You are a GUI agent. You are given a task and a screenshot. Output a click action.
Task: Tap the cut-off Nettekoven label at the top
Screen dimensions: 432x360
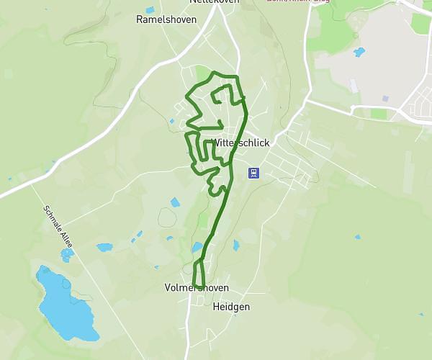pyautogui.click(x=213, y=2)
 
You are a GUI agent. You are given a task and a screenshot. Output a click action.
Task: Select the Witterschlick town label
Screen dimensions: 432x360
pyautogui.click(x=240, y=143)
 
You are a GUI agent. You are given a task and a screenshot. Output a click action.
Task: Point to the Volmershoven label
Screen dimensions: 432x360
pyautogui.click(x=197, y=288)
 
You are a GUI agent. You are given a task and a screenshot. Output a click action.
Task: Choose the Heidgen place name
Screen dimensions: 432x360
pyautogui.click(x=231, y=307)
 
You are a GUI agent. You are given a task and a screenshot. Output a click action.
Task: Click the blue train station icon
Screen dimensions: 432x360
pyautogui.click(x=253, y=173)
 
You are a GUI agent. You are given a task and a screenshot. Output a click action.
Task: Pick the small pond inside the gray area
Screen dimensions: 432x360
pyautogui.click(x=359, y=52)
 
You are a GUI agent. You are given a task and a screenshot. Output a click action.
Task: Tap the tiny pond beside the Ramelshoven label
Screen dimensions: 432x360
pyautogui.click(x=150, y=10)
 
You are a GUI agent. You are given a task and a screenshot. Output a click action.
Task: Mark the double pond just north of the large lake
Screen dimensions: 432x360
pyautogui.click(x=67, y=254)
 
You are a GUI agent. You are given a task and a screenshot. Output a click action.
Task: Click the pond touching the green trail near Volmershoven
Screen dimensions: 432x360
pyautogui.click(x=197, y=248)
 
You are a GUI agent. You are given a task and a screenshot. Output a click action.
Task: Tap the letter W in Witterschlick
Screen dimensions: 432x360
pyautogui.click(x=215, y=143)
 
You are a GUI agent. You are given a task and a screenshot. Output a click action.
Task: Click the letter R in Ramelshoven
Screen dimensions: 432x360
pyautogui.click(x=140, y=19)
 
